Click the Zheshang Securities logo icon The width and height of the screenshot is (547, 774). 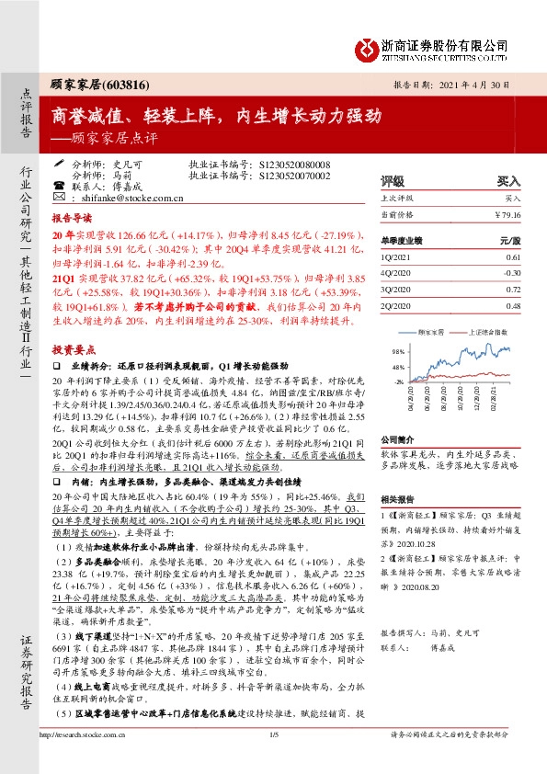pos(366,47)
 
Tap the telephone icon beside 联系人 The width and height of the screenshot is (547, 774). pos(61,186)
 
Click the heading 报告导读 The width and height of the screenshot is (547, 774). pos(72,220)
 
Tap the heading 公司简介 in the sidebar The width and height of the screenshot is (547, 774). pos(400,440)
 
